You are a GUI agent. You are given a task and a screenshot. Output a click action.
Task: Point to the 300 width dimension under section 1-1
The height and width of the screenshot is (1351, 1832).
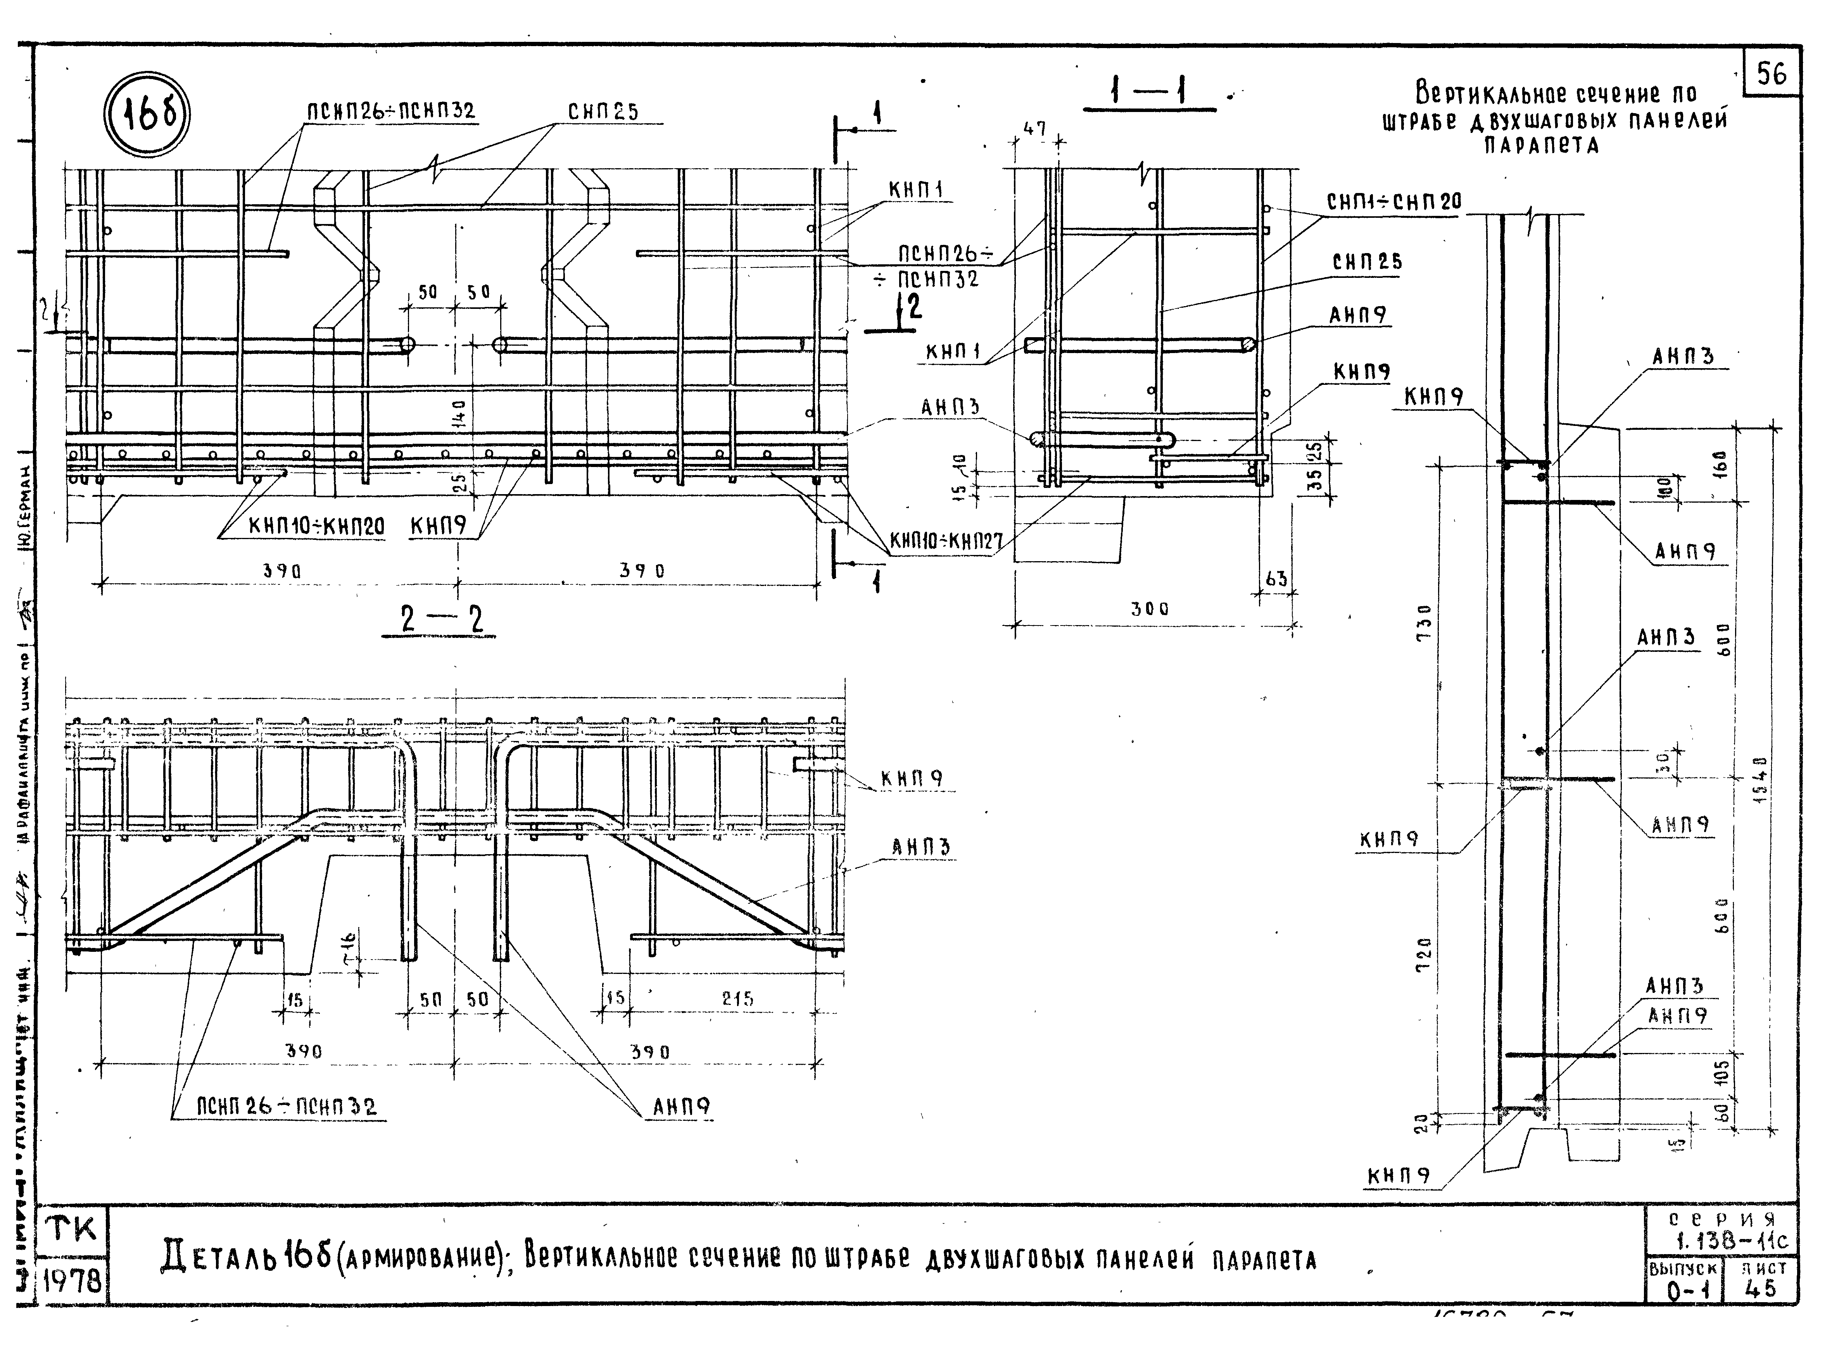click(x=1150, y=609)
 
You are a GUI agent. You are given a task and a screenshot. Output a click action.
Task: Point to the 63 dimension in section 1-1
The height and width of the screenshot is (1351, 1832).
click(x=1276, y=579)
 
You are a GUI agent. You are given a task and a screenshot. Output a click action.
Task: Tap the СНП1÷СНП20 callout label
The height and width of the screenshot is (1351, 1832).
click(x=1393, y=201)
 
